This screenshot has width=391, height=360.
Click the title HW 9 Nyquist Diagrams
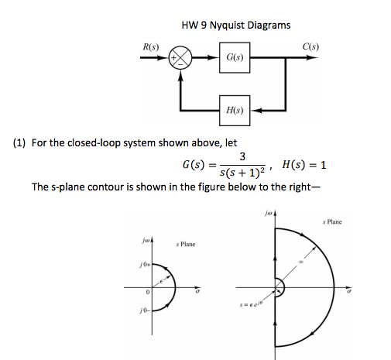pos(236,25)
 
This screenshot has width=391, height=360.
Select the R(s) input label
pos(152,48)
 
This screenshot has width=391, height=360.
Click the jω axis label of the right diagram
pos(267,210)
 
